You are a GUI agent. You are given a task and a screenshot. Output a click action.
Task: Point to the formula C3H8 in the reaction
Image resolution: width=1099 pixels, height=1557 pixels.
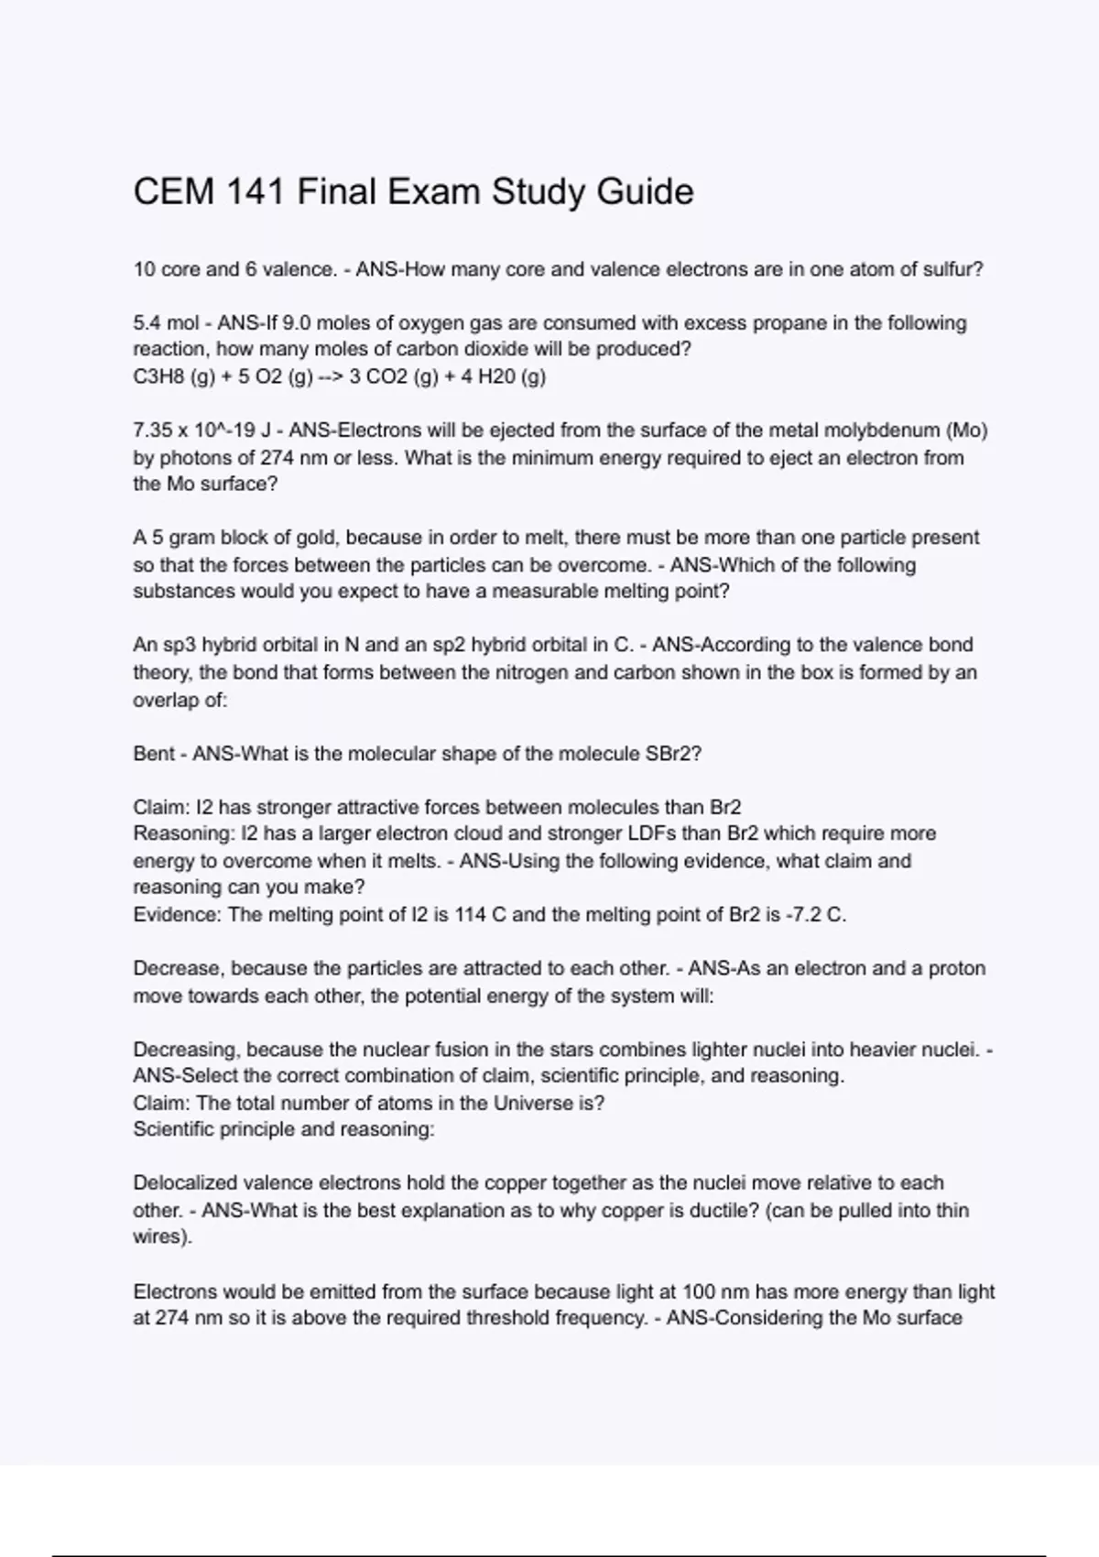point(158,376)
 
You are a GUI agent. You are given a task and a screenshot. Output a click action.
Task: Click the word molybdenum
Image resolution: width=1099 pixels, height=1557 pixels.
point(882,430)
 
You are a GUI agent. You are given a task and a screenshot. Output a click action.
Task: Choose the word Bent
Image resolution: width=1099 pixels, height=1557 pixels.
point(154,754)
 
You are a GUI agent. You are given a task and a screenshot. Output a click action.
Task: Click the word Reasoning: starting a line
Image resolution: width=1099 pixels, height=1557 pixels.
point(183,833)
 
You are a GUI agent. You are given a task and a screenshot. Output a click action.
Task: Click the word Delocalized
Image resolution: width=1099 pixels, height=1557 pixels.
point(185,1182)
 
